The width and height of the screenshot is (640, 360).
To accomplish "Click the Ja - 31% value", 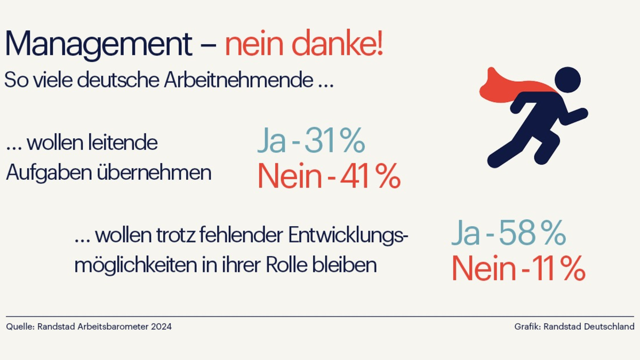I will [311, 141].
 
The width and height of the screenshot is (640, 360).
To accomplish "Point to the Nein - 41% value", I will [329, 177].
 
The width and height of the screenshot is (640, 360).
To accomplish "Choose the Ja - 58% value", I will [508, 233].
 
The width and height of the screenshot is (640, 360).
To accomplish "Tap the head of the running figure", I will [567, 78].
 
